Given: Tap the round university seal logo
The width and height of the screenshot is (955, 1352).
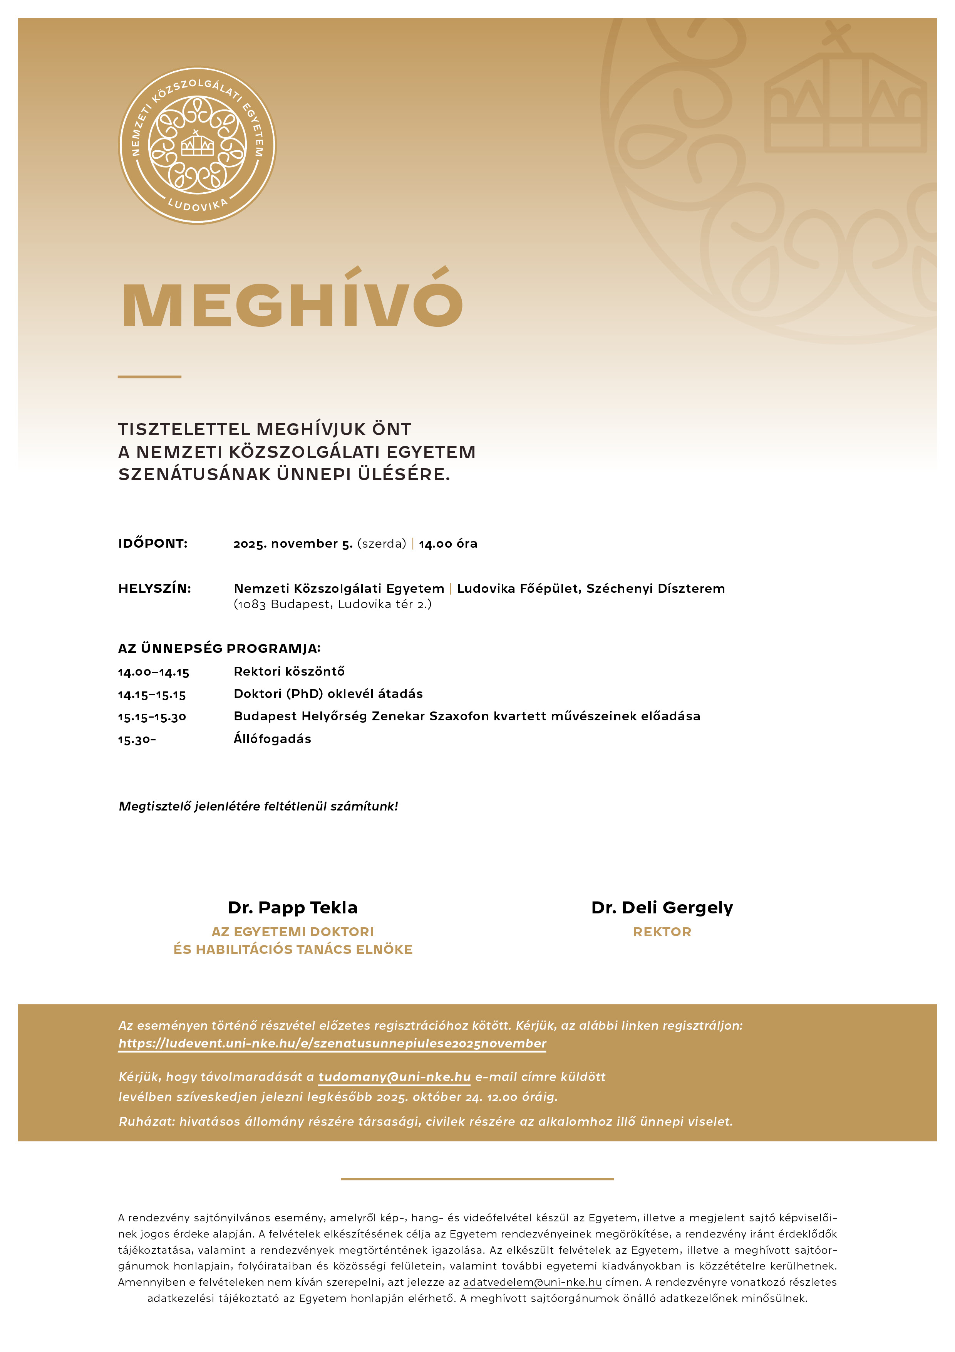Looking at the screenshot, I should click(197, 145).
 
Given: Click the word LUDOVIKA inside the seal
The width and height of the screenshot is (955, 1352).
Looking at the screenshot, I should click(197, 205).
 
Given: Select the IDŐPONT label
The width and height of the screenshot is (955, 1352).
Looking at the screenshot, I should click(153, 543).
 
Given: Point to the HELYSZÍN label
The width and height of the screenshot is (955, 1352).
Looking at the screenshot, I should click(155, 588).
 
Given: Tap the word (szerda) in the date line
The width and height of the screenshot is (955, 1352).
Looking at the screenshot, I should click(381, 543).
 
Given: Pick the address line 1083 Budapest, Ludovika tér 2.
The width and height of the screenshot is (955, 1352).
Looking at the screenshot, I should click(332, 604).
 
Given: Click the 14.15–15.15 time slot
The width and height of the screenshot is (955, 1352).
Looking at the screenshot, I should click(152, 695).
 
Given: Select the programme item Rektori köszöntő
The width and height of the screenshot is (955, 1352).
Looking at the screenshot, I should click(289, 671).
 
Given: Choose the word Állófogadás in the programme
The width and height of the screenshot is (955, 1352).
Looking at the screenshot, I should click(272, 739).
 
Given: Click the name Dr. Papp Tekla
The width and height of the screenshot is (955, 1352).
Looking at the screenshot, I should click(292, 907).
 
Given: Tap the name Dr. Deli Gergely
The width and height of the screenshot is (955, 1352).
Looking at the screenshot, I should click(662, 907).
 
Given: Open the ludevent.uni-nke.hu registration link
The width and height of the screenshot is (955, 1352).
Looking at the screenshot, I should click(332, 1043).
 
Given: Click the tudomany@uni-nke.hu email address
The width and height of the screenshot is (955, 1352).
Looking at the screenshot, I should click(394, 1077).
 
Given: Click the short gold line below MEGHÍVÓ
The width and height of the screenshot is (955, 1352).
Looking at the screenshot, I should click(149, 376).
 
